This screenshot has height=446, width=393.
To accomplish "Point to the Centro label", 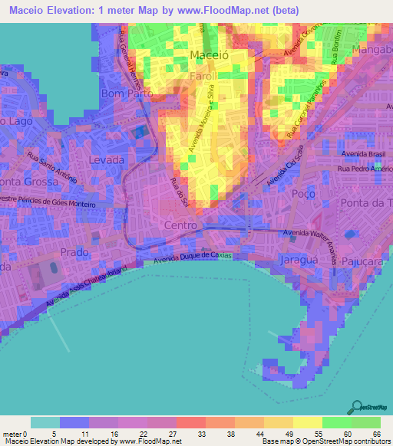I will pyautogui.click(x=181, y=225).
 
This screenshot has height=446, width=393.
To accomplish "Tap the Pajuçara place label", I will pyautogui.click(x=364, y=262).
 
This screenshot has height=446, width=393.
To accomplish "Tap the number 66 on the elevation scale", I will pyautogui.click(x=376, y=435).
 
